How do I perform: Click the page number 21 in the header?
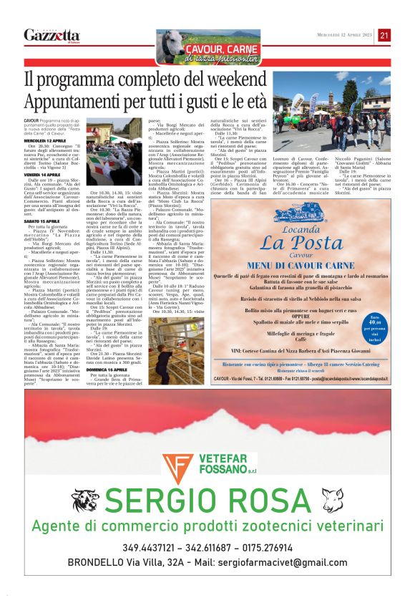click(x=384, y=35)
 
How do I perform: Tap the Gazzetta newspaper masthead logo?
click(x=52, y=35)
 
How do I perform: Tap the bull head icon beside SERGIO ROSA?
click(x=85, y=500)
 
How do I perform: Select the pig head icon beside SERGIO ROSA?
click(x=331, y=499)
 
